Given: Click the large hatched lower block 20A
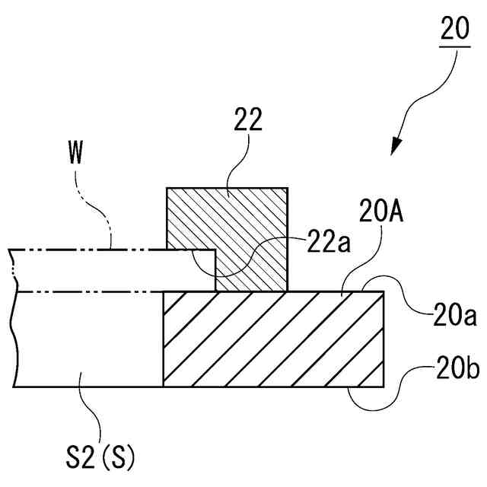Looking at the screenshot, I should tap(274, 339).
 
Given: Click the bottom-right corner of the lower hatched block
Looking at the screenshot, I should tap(384, 386).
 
